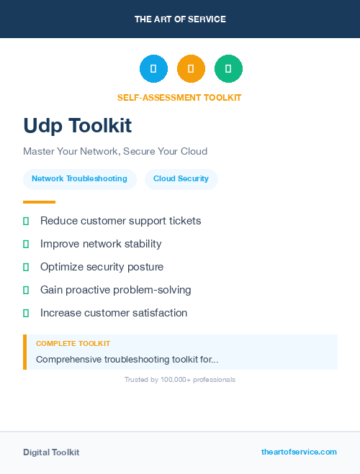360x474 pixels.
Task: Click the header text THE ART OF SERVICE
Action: [180, 19]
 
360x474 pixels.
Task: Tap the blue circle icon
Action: [153, 69]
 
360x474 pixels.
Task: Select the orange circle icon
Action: [191, 69]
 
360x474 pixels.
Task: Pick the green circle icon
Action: [228, 69]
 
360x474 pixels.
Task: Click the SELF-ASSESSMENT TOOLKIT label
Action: [179, 97]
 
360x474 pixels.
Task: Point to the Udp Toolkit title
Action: [77, 126]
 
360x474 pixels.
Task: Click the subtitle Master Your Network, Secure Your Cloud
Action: [115, 152]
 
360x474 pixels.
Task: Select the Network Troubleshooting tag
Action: [79, 179]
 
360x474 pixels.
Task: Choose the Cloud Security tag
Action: [181, 179]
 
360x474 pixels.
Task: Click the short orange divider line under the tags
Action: [39, 202]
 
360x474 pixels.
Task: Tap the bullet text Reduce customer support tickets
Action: [120, 221]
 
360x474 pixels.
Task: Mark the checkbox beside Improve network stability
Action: [26, 245]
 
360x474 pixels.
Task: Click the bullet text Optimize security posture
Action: [102, 267]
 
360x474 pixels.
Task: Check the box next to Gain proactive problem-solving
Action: [26, 291]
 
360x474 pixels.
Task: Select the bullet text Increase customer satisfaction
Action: [114, 313]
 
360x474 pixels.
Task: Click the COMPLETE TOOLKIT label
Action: [73, 344]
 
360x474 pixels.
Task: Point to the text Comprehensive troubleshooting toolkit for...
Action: [127, 359]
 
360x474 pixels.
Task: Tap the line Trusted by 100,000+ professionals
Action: [180, 379]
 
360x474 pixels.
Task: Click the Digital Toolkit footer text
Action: [51, 452]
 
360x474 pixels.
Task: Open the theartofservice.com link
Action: [299, 452]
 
